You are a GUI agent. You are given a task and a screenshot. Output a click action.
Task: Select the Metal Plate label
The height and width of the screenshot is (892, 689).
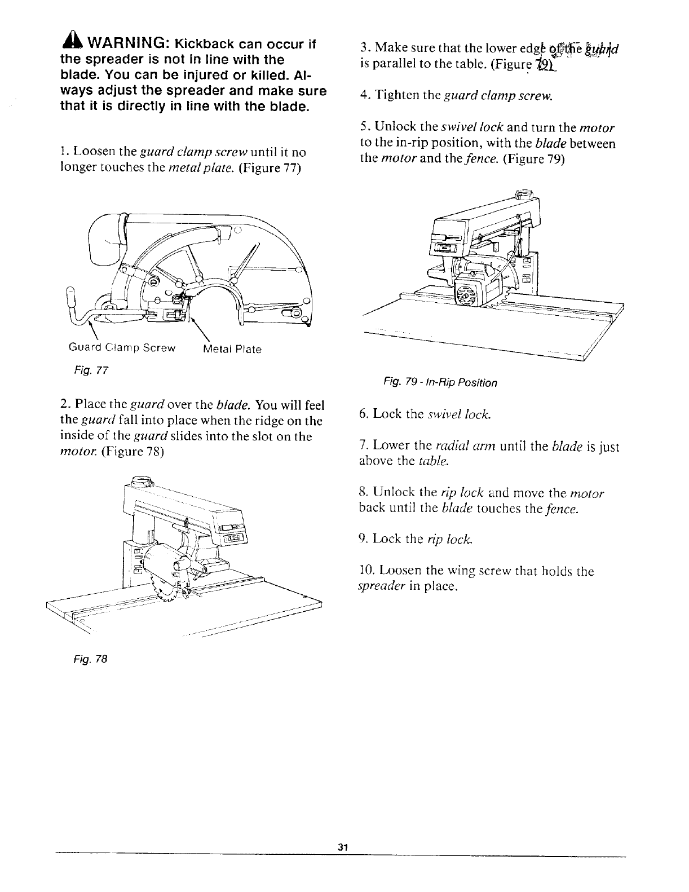coord(232,349)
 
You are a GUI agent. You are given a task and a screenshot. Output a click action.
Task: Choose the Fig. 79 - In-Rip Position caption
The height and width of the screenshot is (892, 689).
coord(440,383)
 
